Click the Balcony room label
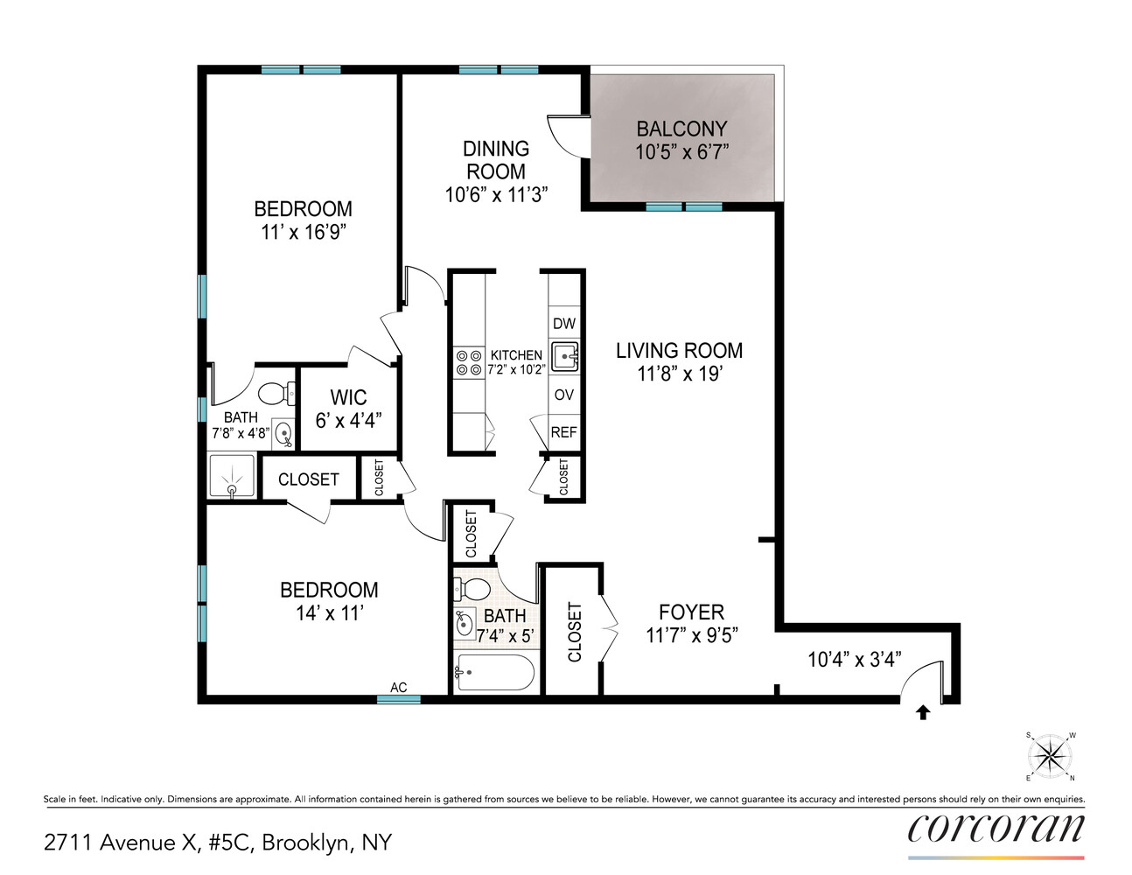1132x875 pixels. click(x=681, y=129)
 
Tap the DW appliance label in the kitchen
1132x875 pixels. click(x=564, y=324)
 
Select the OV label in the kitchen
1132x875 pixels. click(x=564, y=395)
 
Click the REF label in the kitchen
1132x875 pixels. click(x=564, y=432)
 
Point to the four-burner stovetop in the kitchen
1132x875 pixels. click(x=469, y=362)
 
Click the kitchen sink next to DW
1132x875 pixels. click(x=565, y=356)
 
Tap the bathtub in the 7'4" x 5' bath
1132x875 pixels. click(x=494, y=672)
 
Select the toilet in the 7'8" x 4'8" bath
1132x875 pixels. click(x=278, y=393)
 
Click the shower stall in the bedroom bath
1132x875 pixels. click(x=232, y=476)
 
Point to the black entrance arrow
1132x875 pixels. click(x=922, y=712)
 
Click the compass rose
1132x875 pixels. click(x=1050, y=755)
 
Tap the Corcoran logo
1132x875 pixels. click(x=996, y=829)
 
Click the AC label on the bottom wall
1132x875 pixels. click(x=398, y=688)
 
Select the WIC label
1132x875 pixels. click(x=348, y=397)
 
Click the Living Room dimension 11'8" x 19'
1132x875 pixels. click(x=679, y=374)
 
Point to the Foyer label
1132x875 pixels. click(x=691, y=612)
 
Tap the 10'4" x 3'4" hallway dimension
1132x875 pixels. click(x=854, y=659)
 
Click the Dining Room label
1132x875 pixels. click(x=496, y=160)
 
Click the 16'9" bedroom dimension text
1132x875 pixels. click(x=304, y=232)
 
